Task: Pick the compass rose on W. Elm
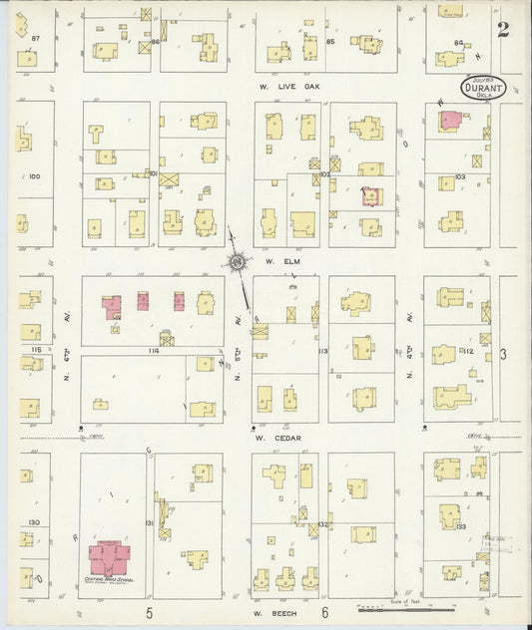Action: [239, 263]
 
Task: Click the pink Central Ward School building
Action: [110, 558]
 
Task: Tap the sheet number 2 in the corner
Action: [503, 29]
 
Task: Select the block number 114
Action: [153, 350]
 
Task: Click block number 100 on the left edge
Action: [34, 176]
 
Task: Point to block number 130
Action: [33, 522]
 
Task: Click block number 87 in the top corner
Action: [35, 38]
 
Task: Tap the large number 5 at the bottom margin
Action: [150, 613]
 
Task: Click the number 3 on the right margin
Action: [504, 354]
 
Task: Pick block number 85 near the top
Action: [329, 42]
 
